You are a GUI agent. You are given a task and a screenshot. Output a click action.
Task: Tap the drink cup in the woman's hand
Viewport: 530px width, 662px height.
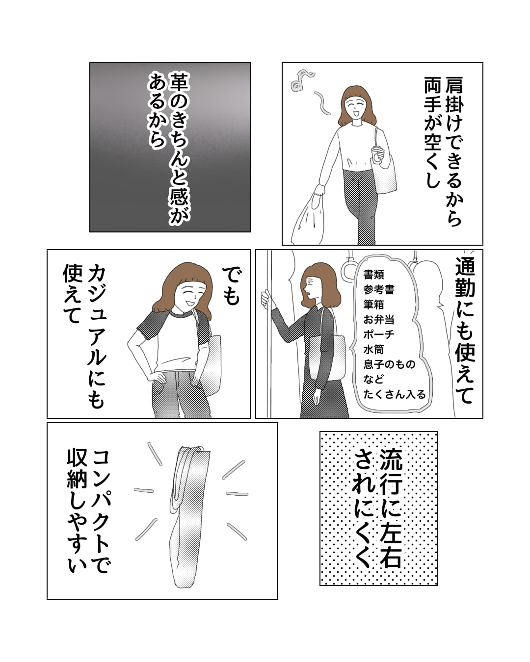376,154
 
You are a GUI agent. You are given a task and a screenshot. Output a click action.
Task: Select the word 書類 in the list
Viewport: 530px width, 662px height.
373,275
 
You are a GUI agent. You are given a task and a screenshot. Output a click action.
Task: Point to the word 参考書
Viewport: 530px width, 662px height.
379,290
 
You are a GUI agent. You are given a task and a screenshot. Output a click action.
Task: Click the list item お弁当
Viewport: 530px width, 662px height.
379,320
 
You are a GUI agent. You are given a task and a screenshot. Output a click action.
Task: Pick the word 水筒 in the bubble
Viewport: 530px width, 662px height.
373,350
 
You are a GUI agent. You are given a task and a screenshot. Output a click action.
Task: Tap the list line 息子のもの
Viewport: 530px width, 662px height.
389,364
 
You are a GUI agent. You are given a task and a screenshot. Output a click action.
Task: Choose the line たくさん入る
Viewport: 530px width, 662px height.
395,394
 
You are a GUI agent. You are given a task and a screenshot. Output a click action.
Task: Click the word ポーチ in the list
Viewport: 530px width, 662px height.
379,335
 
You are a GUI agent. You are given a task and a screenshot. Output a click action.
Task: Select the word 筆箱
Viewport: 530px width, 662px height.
373,305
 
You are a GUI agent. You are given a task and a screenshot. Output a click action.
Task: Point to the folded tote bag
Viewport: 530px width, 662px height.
189,516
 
